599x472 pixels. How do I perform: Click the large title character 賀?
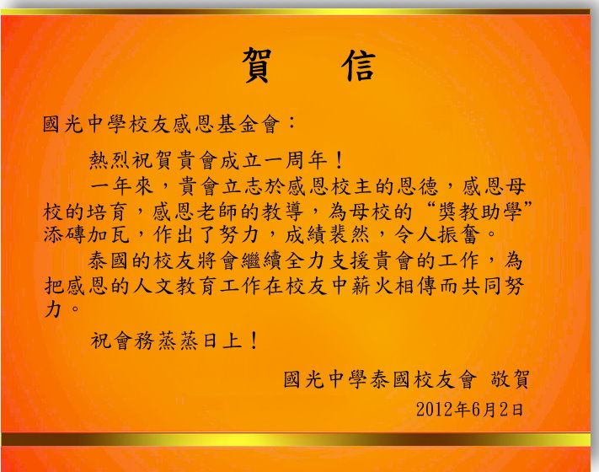257,65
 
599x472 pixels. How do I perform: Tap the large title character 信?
359,65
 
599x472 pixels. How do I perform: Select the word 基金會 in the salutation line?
249,124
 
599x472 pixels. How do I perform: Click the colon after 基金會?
291,123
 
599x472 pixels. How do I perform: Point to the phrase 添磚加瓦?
86,234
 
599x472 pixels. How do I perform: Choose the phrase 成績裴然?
327,234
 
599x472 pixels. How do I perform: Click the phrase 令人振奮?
436,234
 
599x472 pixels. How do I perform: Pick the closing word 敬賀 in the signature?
510,379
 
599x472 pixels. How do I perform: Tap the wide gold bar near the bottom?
296,439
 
